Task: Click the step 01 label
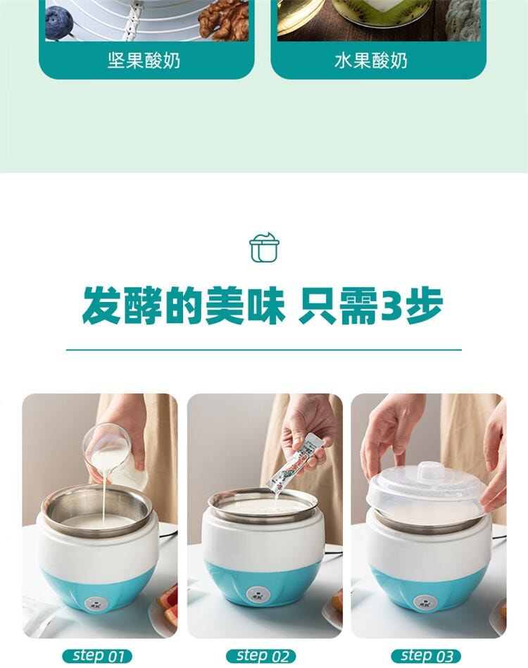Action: [97, 655]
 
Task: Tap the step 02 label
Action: [262, 655]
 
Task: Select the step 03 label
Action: [426, 655]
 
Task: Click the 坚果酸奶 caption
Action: [144, 61]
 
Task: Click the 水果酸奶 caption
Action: [371, 61]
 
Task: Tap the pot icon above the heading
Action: [264, 247]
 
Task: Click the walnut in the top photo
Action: [223, 20]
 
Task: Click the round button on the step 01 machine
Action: [96, 603]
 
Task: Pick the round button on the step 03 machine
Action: [425, 602]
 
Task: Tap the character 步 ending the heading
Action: [424, 305]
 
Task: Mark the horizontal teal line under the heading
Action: [264, 350]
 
